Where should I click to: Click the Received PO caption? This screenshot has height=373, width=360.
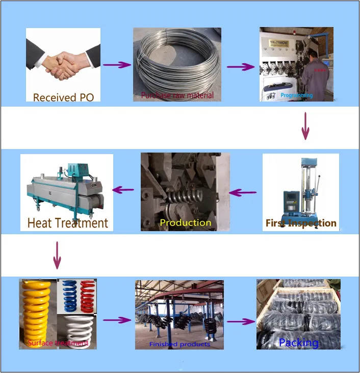tap(63, 97)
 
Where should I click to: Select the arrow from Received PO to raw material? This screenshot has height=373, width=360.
tap(117, 65)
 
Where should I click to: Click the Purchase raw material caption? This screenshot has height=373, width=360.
tap(177, 95)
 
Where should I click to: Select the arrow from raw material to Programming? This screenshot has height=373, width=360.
tap(240, 67)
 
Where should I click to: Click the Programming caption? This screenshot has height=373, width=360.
tap(296, 95)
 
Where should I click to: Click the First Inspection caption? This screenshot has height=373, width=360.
tap(301, 223)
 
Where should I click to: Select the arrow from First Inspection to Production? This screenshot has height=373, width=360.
tap(243, 192)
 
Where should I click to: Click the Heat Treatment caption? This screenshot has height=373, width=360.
tap(67, 223)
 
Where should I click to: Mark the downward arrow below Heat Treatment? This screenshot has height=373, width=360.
tap(57, 255)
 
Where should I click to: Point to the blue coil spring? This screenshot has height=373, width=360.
tap(68, 295)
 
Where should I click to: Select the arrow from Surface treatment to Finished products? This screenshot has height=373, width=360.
tap(117, 320)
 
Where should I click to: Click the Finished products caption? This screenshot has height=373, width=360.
tap(179, 344)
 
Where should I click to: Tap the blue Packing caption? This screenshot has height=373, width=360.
tap(299, 342)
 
